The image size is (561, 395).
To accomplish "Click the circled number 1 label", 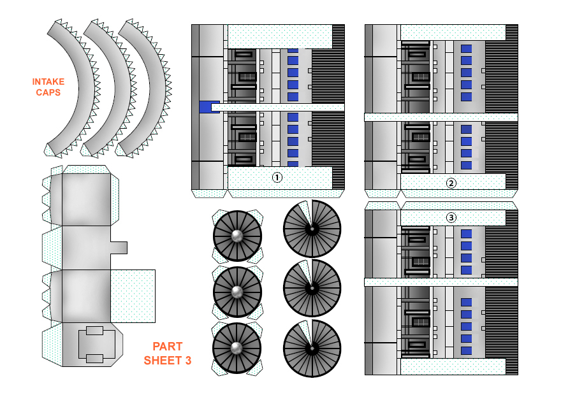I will [x=277, y=178].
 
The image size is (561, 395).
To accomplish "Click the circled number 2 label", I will [x=451, y=183].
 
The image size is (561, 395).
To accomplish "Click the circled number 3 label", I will [x=451, y=217].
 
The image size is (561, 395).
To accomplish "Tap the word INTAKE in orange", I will [x=48, y=82].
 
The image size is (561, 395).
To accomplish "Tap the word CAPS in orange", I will [x=48, y=92].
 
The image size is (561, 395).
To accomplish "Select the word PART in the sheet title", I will [x=167, y=347].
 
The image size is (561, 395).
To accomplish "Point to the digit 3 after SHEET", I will [x=188, y=361].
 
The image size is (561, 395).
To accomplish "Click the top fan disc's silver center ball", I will [x=237, y=236].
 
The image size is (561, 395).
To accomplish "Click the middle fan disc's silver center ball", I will [x=237, y=292].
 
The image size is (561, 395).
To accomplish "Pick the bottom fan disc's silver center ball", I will [x=237, y=348].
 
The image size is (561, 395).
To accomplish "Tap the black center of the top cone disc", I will [x=312, y=228].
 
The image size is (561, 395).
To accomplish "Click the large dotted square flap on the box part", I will [x=133, y=296].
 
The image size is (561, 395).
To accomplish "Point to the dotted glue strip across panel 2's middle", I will [x=441, y=117].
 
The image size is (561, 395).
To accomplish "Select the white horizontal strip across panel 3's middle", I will [x=441, y=282].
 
